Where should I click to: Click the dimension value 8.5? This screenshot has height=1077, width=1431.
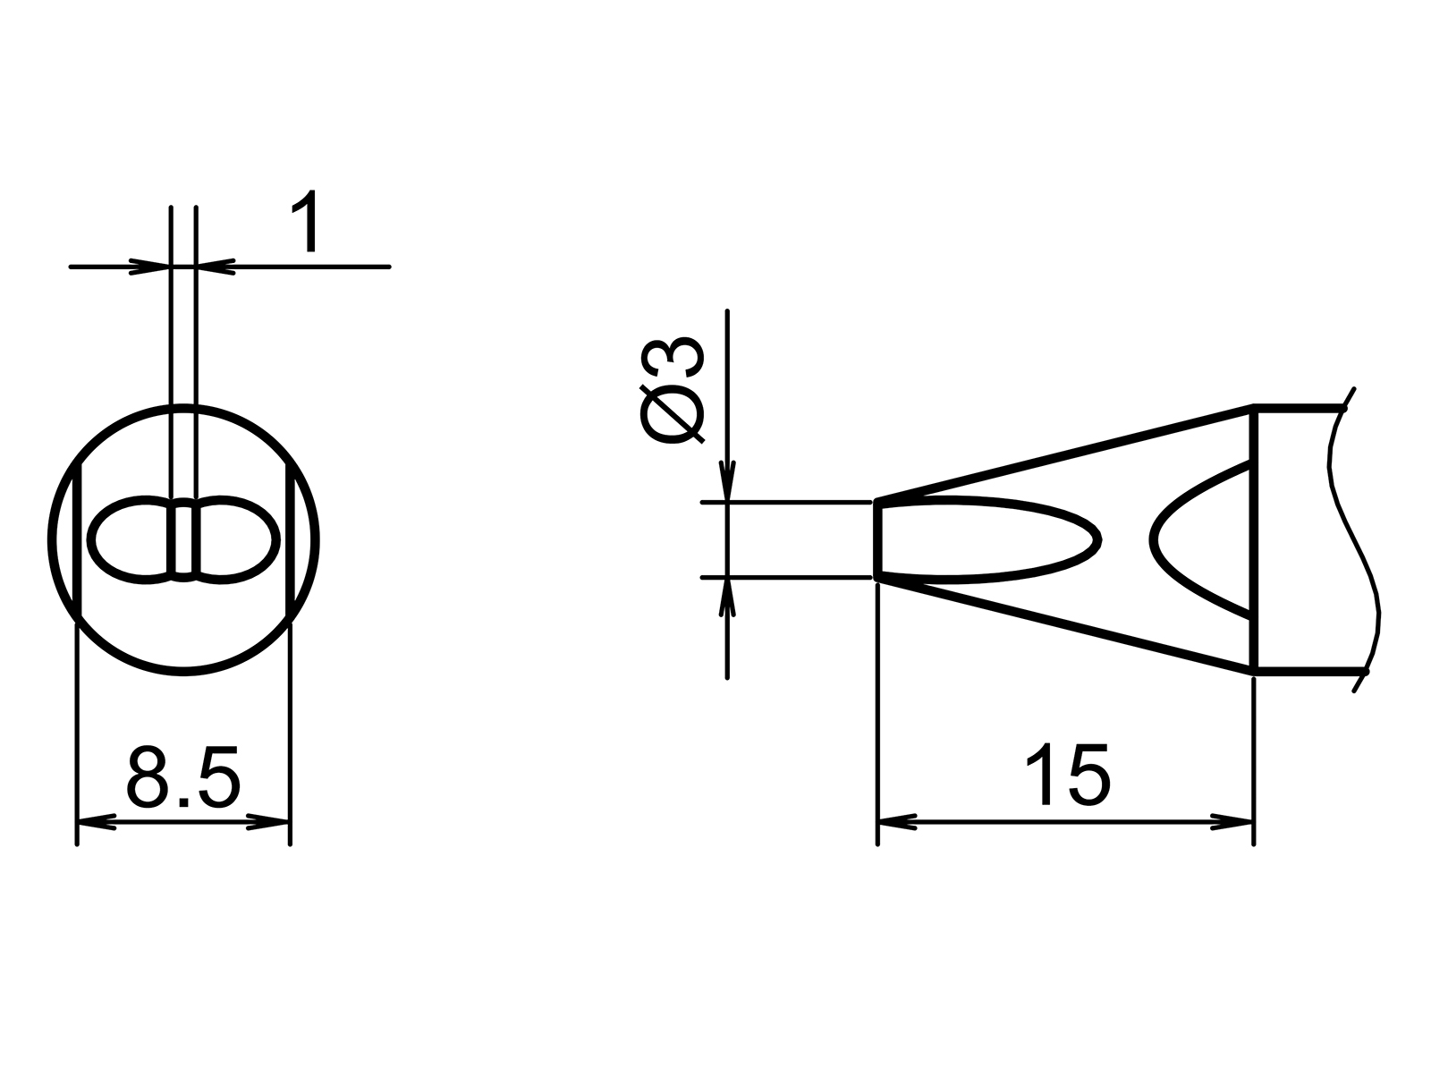[183, 776]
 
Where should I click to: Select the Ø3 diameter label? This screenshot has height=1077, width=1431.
[673, 391]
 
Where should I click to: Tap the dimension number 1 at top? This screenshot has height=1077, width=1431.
[306, 224]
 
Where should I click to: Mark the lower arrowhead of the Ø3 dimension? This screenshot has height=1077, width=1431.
[728, 598]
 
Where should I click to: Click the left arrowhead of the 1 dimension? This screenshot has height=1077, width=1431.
[150, 267]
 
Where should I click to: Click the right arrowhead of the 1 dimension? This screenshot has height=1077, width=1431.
[216, 267]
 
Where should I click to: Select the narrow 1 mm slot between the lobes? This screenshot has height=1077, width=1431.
[183, 540]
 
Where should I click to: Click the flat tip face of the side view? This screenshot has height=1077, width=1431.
[878, 540]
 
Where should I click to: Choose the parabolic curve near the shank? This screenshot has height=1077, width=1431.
[1163, 539]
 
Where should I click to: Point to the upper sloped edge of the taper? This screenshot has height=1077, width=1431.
[1064, 454]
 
